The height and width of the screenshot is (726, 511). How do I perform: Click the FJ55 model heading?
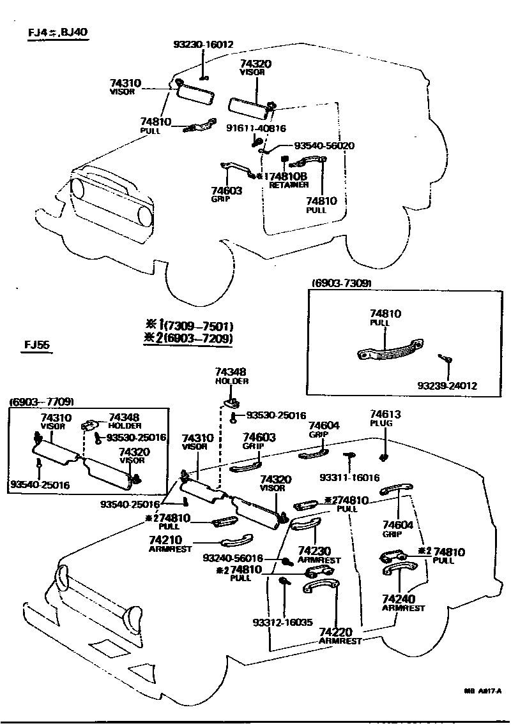[x=38, y=346]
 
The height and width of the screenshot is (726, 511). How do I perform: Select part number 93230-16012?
[x=203, y=45]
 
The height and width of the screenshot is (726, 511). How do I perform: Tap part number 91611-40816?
[x=256, y=128]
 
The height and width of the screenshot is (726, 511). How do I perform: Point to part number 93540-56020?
[x=324, y=146]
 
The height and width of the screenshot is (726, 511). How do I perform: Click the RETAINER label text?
[x=289, y=185]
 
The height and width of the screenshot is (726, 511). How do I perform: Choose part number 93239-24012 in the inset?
[x=447, y=386]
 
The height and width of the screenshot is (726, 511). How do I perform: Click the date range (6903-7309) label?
[x=342, y=283]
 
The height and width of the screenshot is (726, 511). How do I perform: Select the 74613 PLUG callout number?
[x=386, y=415]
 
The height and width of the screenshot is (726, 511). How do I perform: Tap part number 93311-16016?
[x=350, y=477]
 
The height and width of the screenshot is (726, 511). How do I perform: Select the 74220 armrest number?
[x=339, y=632]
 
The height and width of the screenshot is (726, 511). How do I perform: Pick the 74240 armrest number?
[x=399, y=599]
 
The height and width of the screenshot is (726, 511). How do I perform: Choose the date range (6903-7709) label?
[x=42, y=401]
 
